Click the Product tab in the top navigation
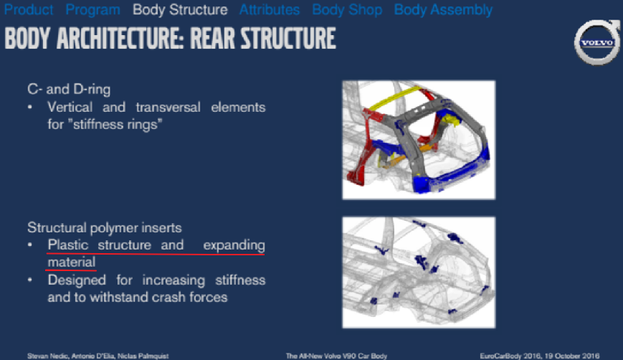[x=29, y=10]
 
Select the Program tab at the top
[x=93, y=10]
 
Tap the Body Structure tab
[x=180, y=10]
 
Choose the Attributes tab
[x=270, y=10]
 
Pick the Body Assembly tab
[x=443, y=10]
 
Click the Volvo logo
[x=596, y=42]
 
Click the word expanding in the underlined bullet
[x=234, y=245]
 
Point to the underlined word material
[x=71, y=262]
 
